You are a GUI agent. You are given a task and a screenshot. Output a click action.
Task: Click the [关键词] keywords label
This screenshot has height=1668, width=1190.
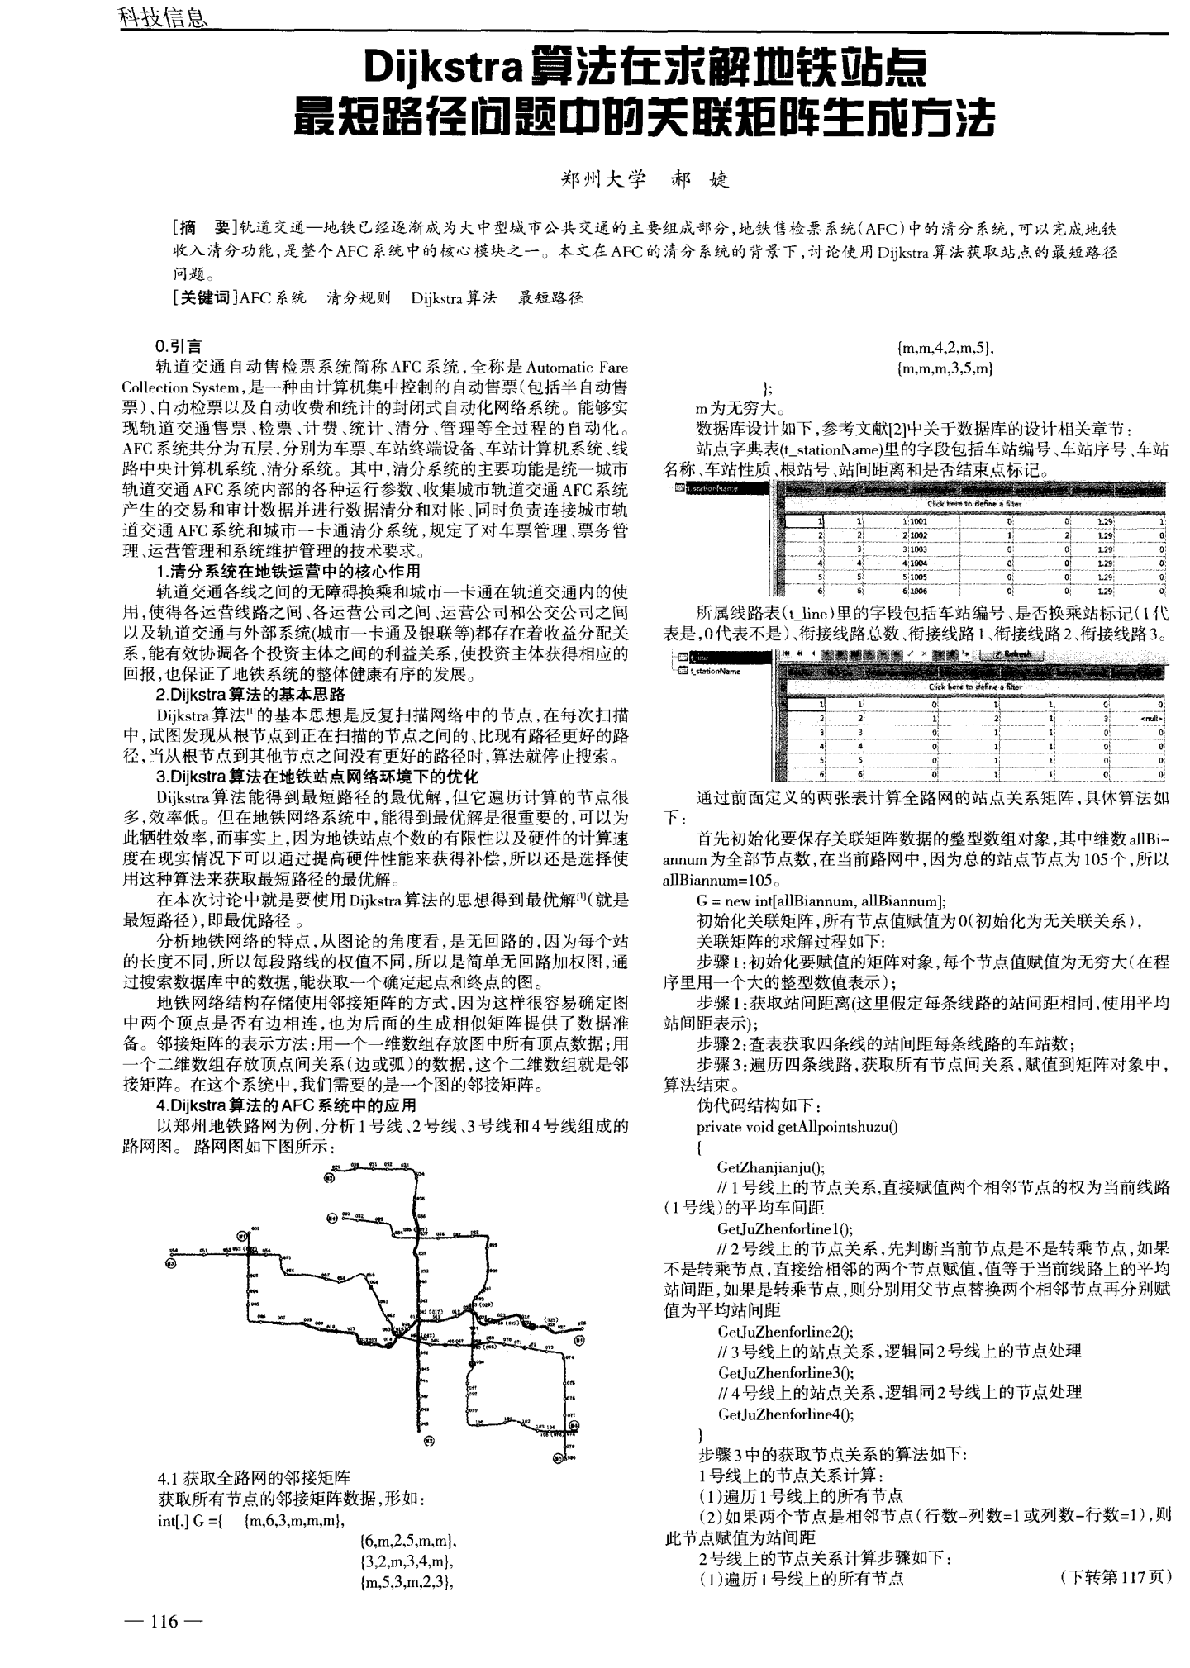(x=204, y=297)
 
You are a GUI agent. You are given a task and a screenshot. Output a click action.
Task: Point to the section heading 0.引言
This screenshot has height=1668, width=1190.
(x=178, y=346)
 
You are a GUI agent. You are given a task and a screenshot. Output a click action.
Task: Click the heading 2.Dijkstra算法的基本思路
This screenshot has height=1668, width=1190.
(x=250, y=694)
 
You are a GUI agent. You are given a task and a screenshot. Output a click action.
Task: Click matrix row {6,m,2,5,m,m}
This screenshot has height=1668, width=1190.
(x=409, y=1541)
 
